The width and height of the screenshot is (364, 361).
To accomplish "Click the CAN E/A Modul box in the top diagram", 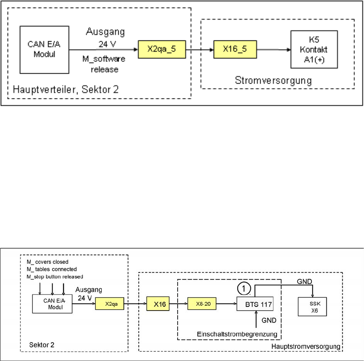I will pyautogui.click(x=44, y=50).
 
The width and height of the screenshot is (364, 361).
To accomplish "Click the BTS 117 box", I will pyautogui.click(x=255, y=305).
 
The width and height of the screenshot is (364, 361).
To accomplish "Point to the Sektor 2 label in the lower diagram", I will pyautogui.click(x=42, y=345).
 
